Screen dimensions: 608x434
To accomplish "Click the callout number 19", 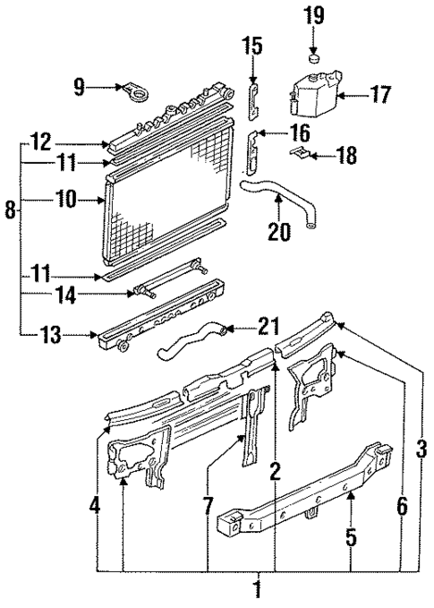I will point(313,15).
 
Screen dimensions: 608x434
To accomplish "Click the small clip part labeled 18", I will point(305,155).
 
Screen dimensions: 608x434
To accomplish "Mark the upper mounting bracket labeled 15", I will point(253,97).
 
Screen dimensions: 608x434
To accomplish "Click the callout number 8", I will point(11,211).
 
